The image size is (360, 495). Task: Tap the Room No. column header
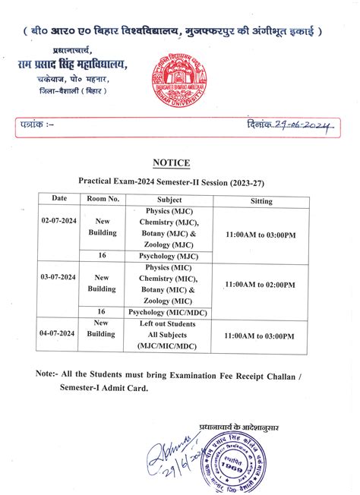(103, 199)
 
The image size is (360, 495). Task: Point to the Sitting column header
(261, 201)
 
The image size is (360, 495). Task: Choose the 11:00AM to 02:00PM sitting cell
(261, 284)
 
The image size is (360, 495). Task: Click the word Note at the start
(47, 374)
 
